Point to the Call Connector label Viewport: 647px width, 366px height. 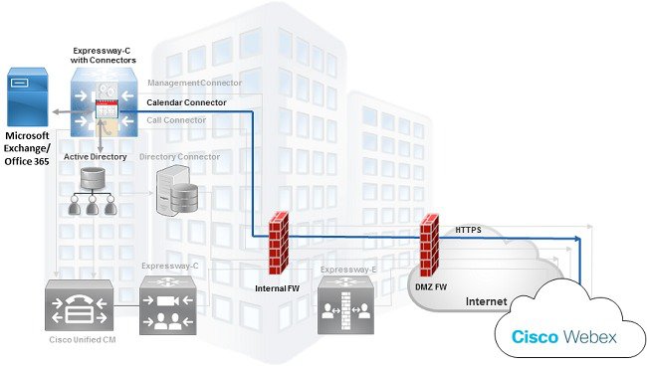(177, 120)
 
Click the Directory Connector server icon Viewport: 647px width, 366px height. (179, 191)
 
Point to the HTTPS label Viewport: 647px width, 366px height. (468, 230)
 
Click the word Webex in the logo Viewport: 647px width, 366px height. (588, 337)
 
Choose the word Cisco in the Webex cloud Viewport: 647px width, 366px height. (534, 337)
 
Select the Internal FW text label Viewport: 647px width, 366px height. (278, 288)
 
